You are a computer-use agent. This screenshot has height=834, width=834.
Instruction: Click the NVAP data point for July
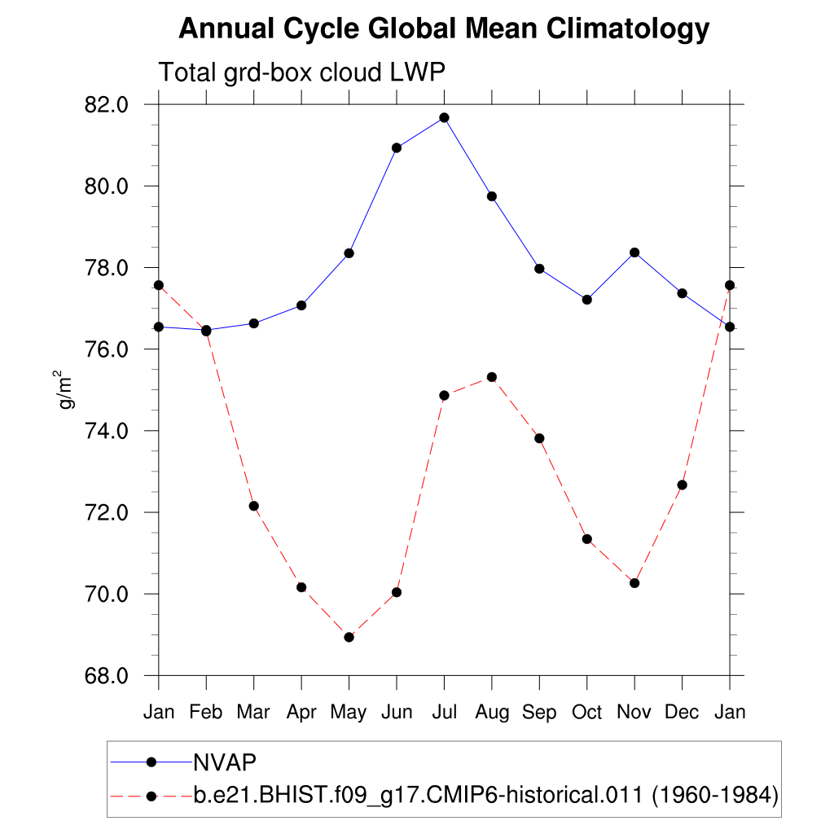tap(444, 117)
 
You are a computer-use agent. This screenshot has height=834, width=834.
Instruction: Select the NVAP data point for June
tap(397, 147)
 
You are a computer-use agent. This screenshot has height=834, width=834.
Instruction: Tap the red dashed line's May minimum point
tap(349, 637)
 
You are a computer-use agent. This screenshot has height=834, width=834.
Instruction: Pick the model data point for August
tap(492, 376)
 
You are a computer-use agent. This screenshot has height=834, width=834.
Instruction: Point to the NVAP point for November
tap(634, 252)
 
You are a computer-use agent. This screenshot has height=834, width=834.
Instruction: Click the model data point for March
tap(253, 506)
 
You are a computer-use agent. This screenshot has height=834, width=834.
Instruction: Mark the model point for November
tap(634, 582)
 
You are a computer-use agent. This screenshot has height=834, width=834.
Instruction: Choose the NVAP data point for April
tap(301, 305)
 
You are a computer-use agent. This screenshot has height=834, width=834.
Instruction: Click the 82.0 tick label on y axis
tap(102, 105)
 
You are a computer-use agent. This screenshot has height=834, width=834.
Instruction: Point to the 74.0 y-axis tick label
tap(102, 431)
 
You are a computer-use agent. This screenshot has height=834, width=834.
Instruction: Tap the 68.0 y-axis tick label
tap(102, 676)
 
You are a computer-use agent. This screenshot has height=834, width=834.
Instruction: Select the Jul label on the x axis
tap(444, 713)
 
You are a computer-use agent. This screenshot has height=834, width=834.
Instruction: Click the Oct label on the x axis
tap(586, 713)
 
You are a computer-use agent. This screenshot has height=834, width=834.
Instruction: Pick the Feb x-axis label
tap(206, 713)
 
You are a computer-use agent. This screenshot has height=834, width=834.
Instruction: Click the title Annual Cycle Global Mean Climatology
tap(444, 29)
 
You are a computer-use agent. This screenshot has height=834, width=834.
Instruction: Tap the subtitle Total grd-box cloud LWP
tap(301, 72)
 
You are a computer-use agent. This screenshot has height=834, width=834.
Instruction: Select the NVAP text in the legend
tap(225, 762)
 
